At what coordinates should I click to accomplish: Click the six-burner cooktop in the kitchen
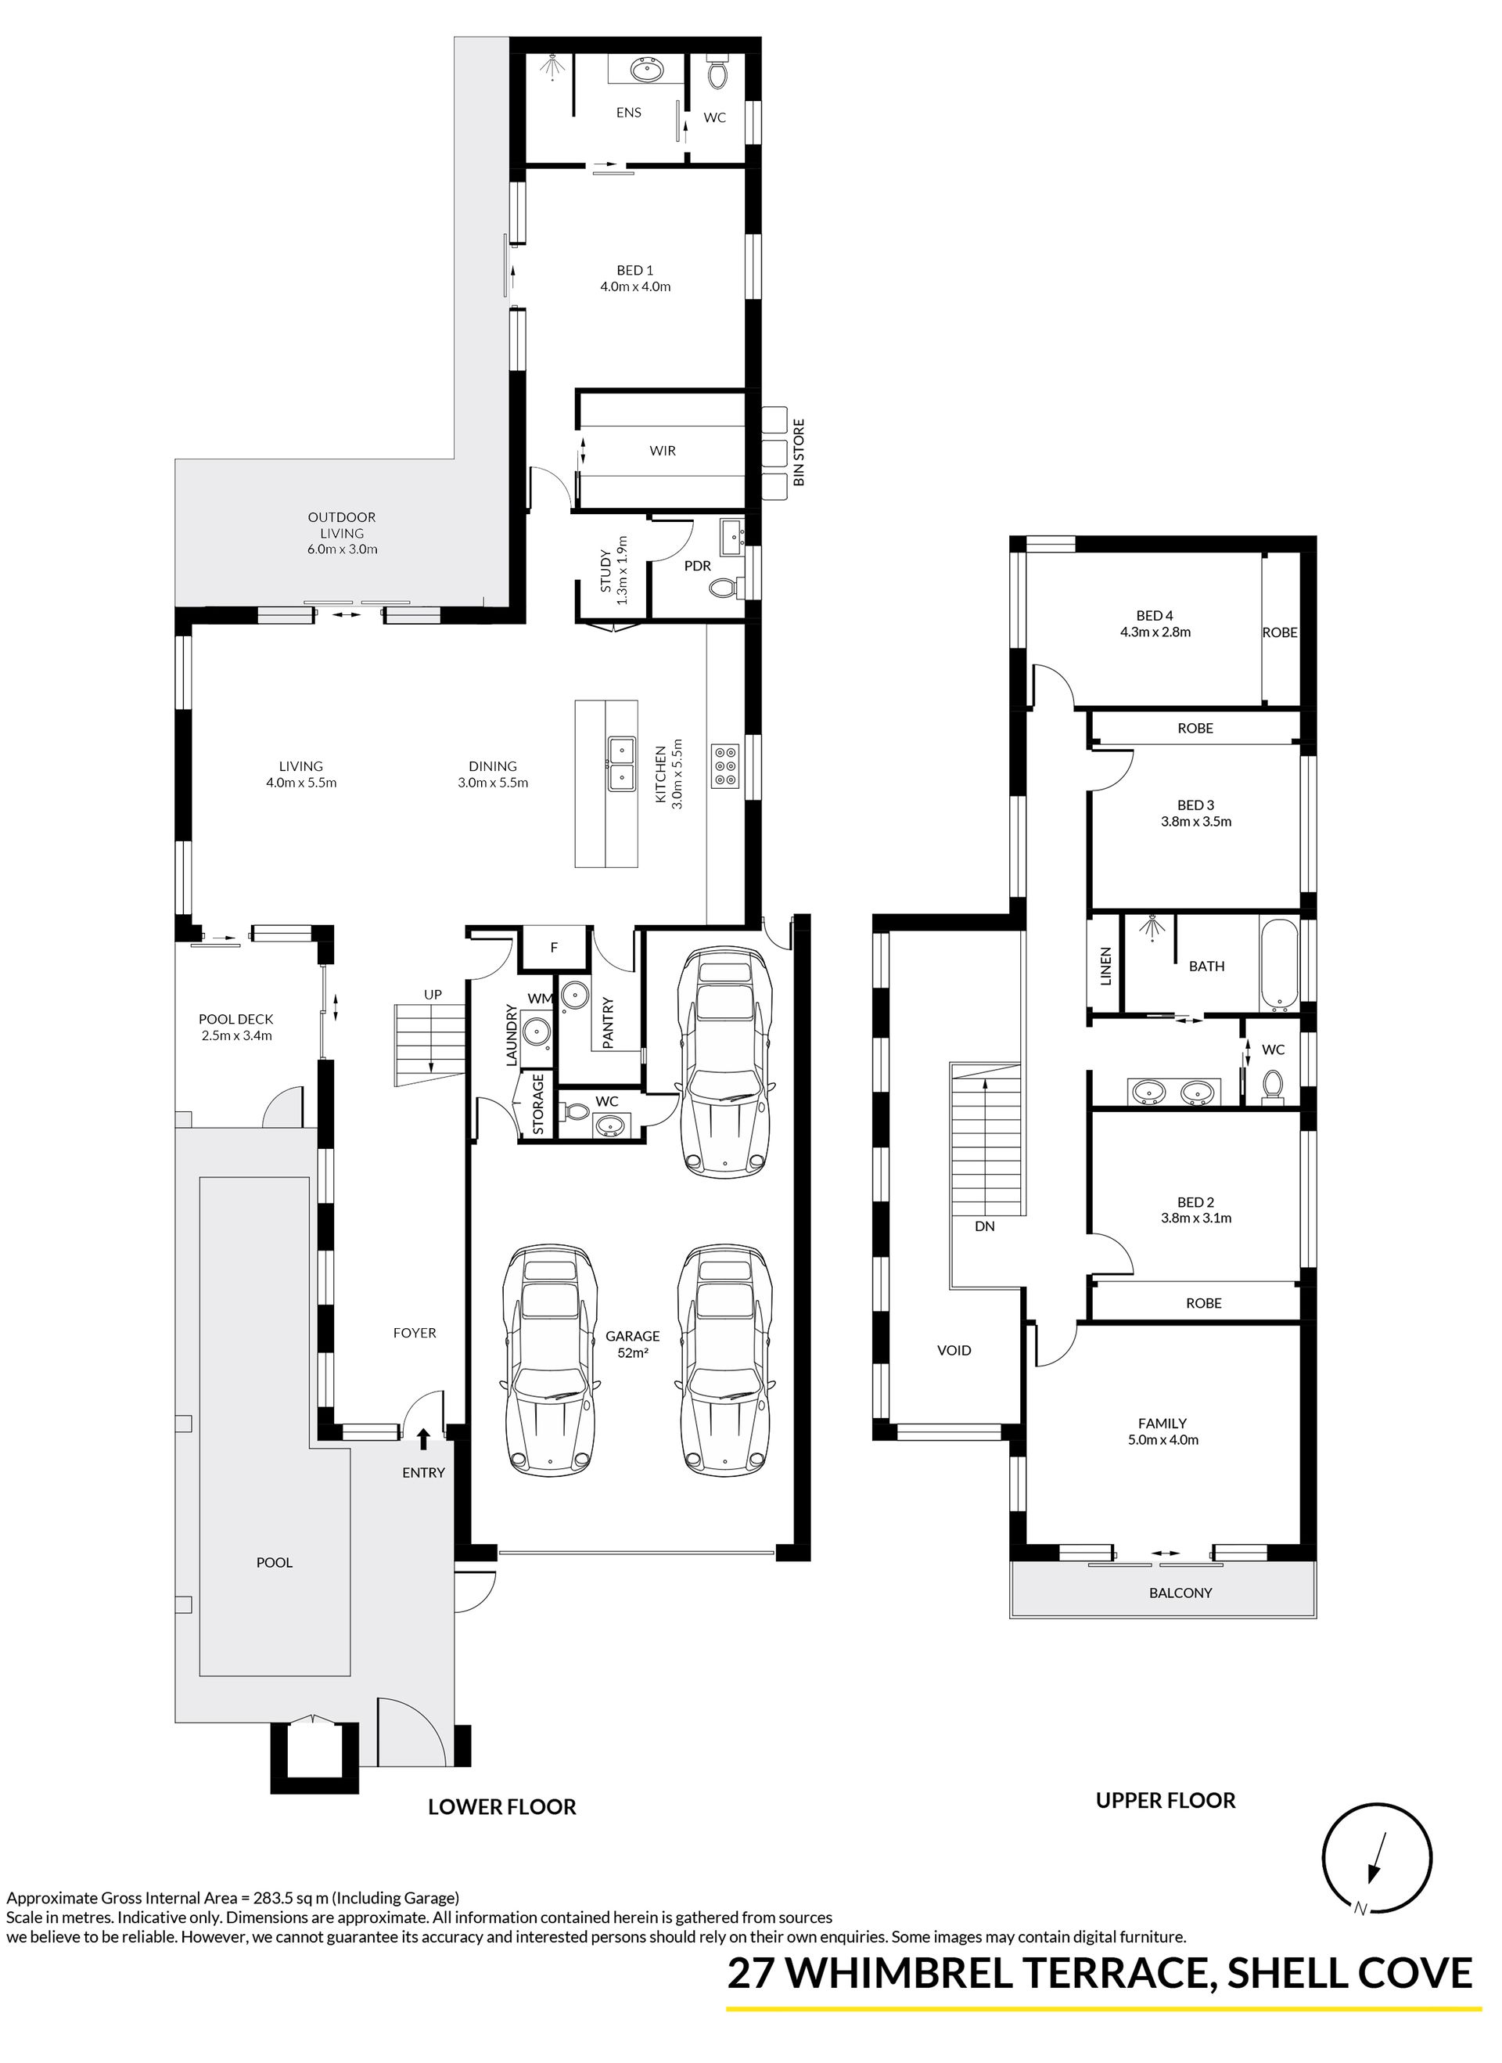point(727,765)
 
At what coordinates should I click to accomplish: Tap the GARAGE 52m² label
point(633,1344)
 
